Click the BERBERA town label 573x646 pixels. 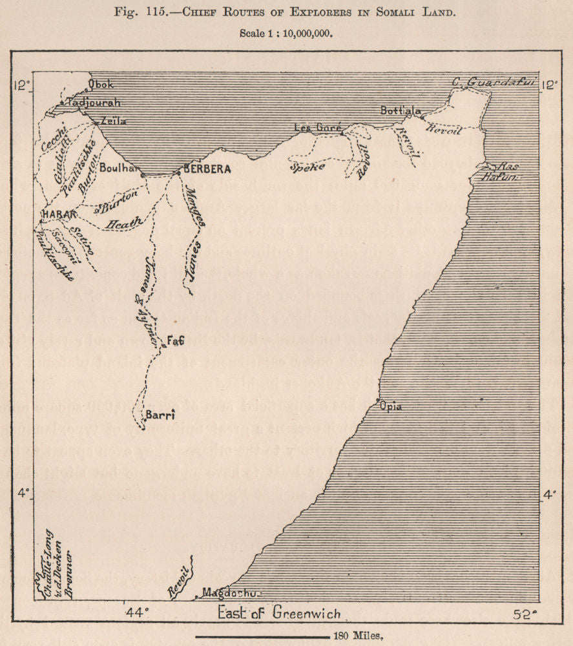[207, 169]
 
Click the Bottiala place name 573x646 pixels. [401, 110]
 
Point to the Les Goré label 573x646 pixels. [317, 127]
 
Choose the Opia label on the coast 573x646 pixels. [391, 406]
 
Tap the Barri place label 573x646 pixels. [158, 415]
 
